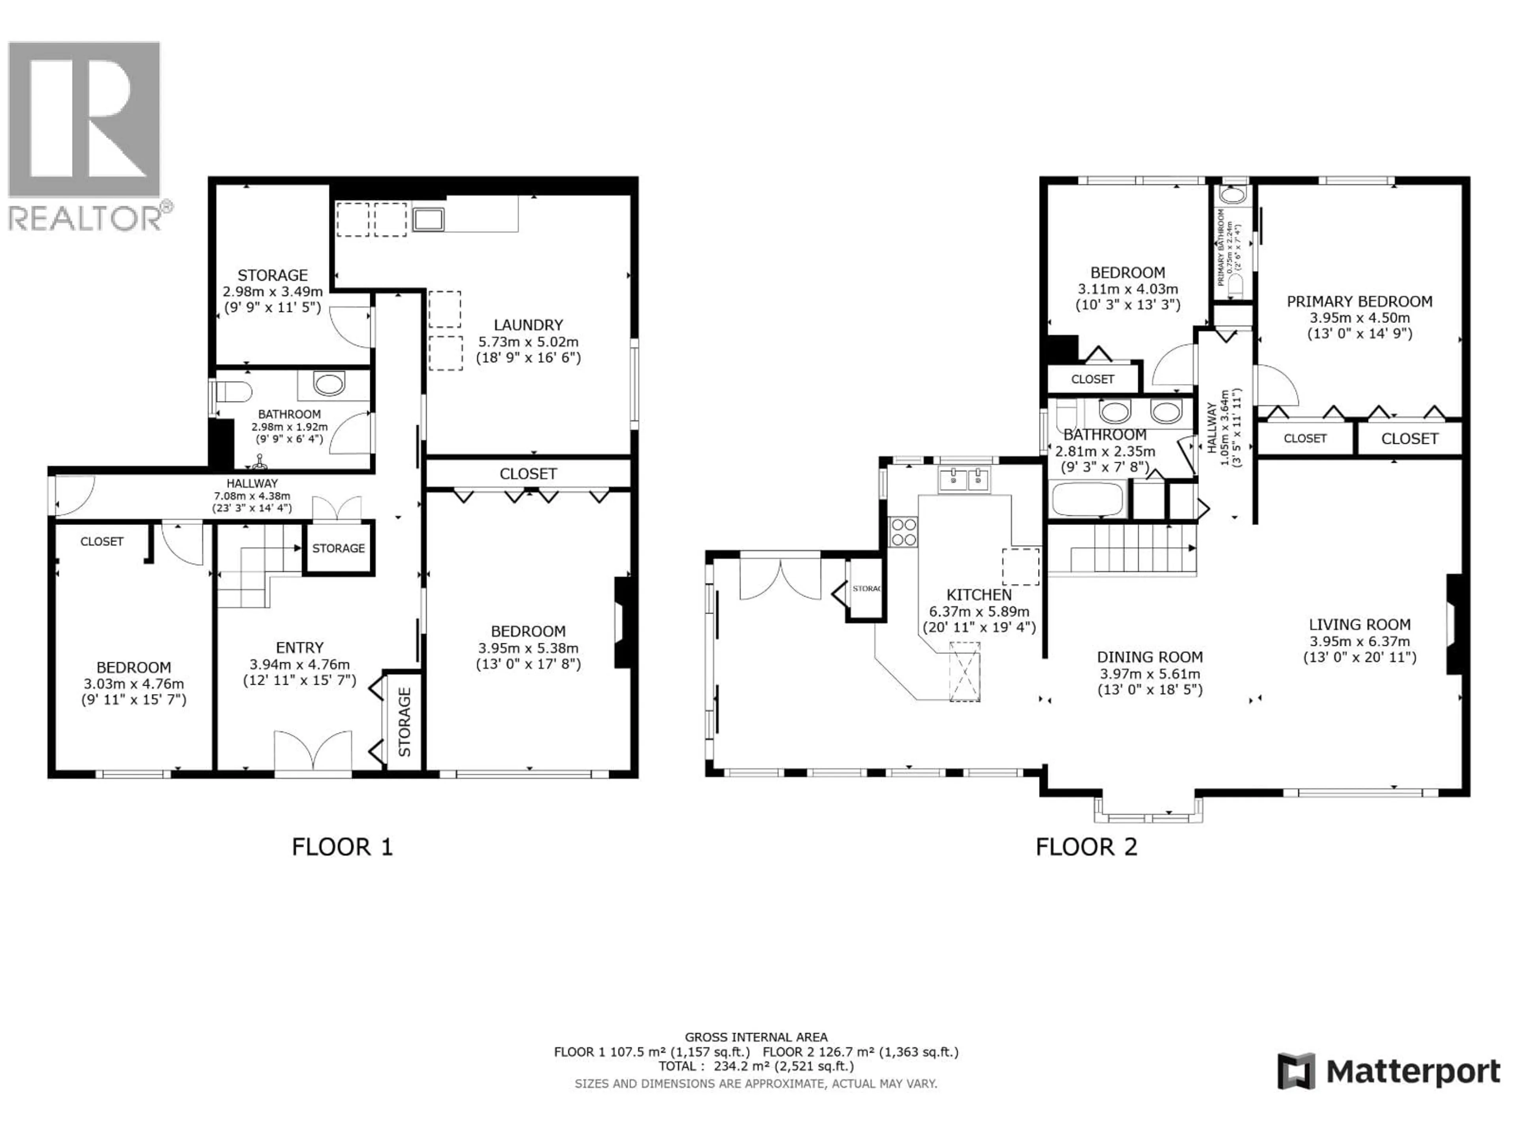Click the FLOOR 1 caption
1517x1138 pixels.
[342, 847]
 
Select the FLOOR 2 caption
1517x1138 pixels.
[1086, 847]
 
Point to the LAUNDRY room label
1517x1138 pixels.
[528, 325]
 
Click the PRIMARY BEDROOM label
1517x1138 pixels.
[1359, 302]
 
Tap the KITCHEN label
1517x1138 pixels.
[979, 595]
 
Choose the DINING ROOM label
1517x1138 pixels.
[1150, 657]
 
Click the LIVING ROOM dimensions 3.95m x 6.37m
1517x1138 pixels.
[1359, 641]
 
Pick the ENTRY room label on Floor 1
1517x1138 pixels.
[300, 648]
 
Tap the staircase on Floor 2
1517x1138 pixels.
[1125, 549]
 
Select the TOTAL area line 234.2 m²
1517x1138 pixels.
[756, 1066]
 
